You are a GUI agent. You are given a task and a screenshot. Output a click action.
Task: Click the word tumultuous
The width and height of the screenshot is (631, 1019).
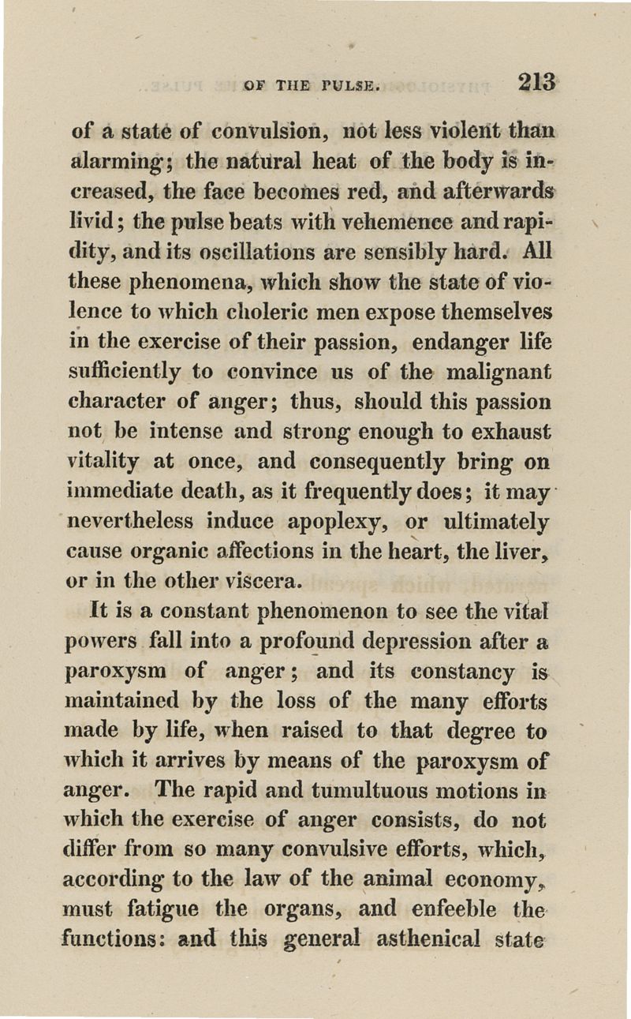click(x=327, y=792)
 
